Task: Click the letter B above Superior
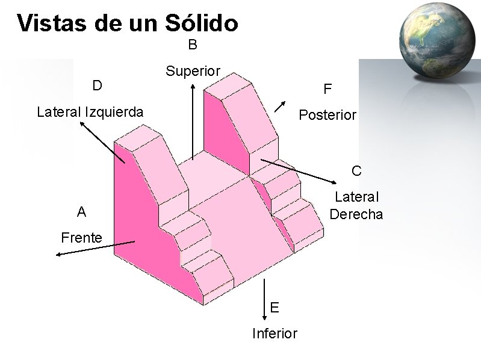(193, 45)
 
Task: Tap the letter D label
(96, 85)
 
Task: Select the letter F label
(327, 90)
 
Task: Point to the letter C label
(356, 171)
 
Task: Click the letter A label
(81, 212)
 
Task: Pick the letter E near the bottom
(275, 308)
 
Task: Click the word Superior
(193, 71)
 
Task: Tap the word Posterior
(327, 115)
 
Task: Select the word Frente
(81, 238)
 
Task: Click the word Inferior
(275, 334)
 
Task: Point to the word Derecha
(356, 214)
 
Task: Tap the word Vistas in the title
(52, 23)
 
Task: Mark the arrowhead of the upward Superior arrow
(193, 86)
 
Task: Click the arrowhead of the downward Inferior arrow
(264, 317)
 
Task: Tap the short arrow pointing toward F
(280, 105)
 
